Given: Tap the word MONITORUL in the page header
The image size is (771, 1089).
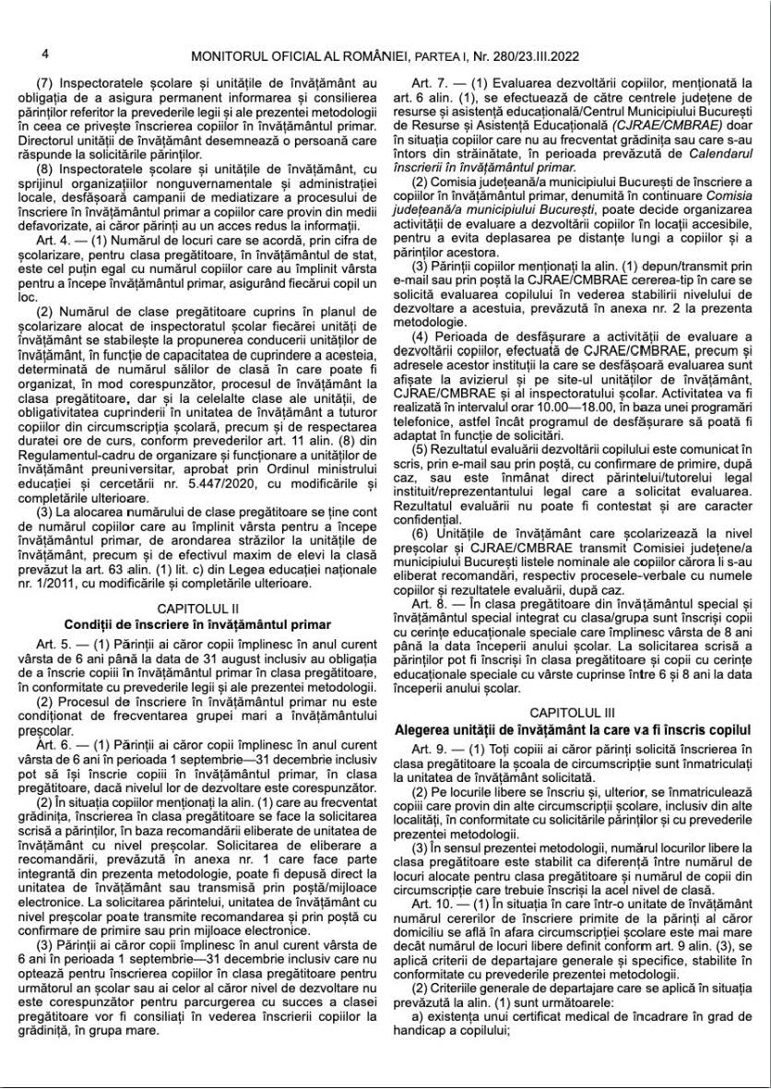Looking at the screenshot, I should pyautogui.click(x=225, y=57).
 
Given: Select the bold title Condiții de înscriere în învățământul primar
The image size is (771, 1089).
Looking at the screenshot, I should pyautogui.click(x=197, y=624).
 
